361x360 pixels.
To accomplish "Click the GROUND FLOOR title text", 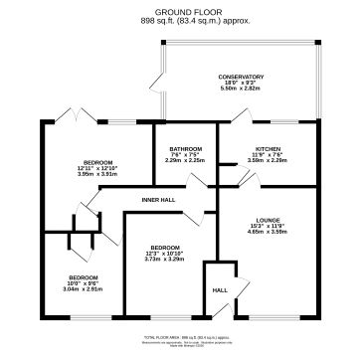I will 180,12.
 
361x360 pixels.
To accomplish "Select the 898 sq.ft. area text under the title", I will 180,20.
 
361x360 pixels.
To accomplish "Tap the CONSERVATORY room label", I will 242,77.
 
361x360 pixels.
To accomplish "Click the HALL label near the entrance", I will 220,290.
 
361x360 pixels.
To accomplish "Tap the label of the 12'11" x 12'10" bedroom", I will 97,162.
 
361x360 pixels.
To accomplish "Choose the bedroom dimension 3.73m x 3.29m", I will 165,258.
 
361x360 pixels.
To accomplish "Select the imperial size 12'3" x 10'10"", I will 165,252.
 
